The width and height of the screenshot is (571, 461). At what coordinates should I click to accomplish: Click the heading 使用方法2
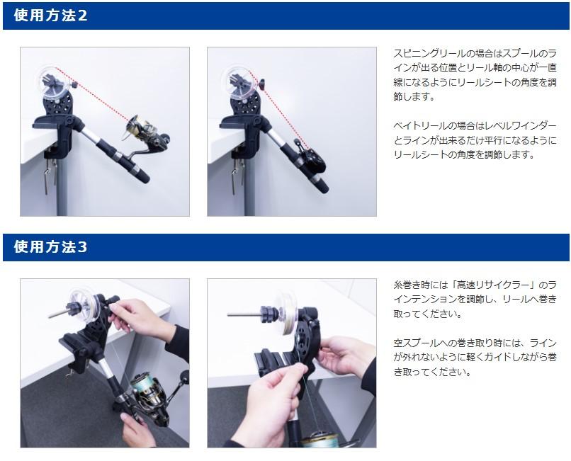50,16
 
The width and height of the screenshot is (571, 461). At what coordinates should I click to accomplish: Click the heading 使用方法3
50,247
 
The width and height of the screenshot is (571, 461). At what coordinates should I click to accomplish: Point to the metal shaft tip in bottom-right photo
230,314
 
